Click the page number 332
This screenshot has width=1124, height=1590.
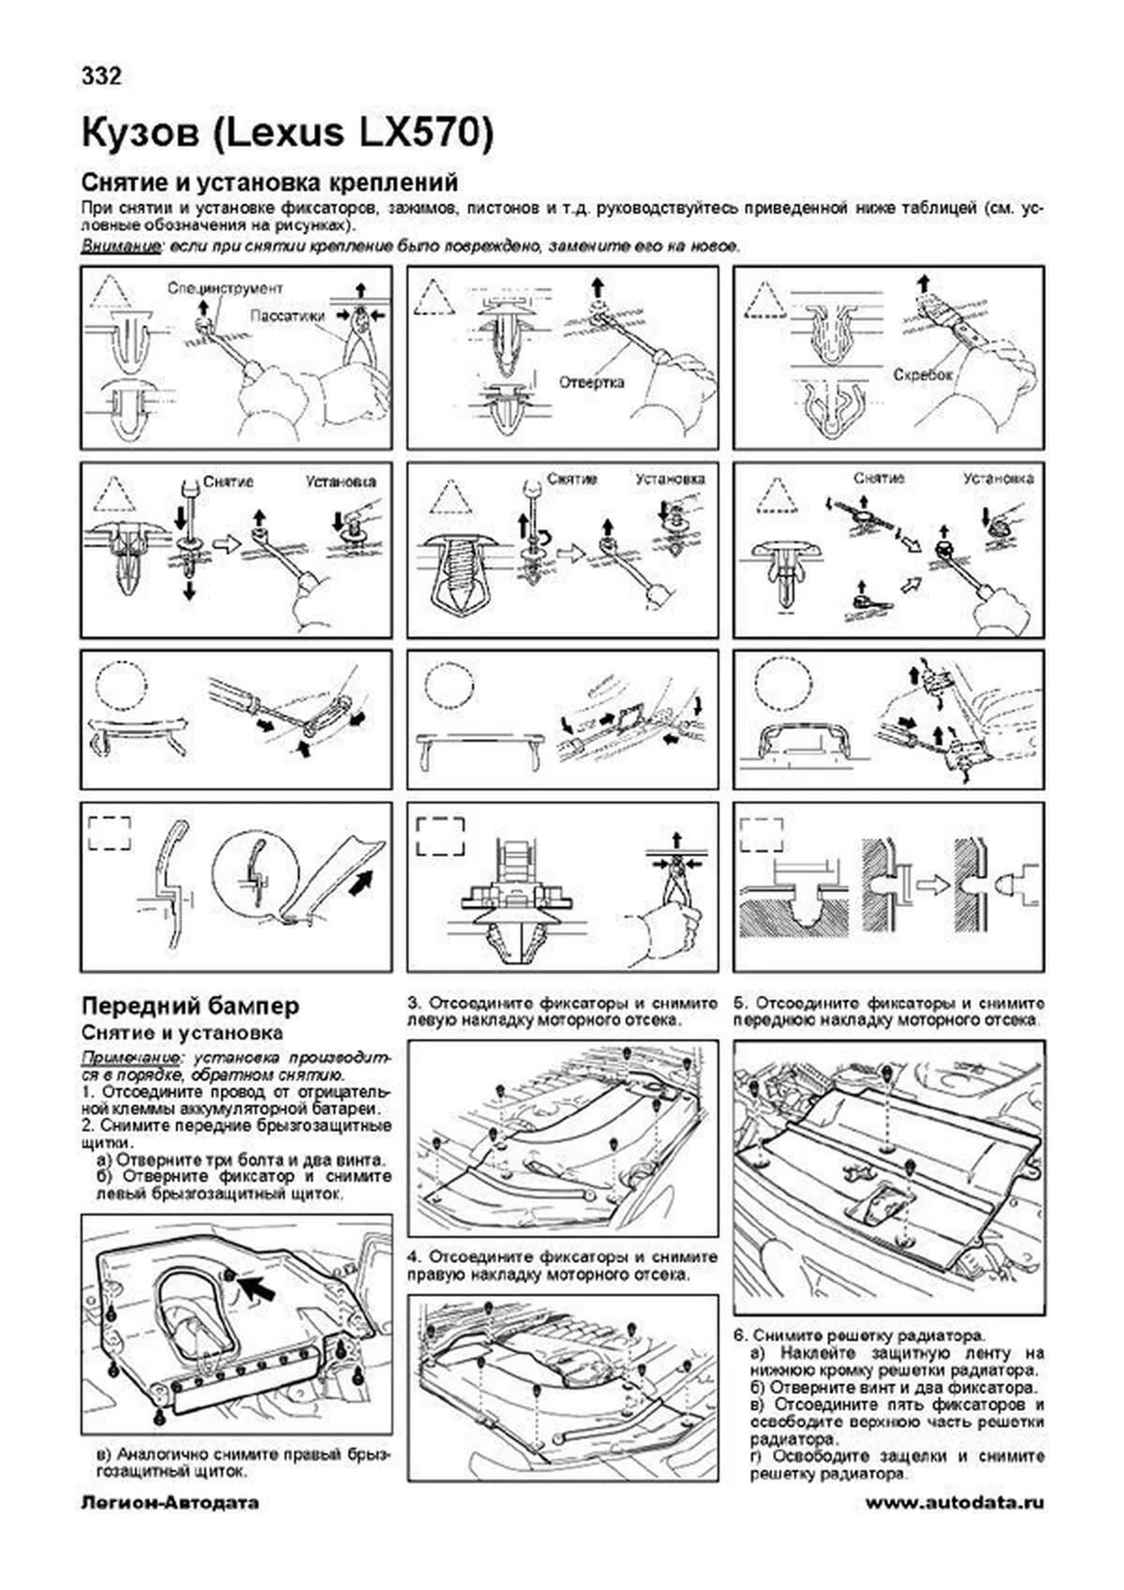[101, 77]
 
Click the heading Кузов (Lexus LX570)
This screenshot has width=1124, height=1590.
[288, 134]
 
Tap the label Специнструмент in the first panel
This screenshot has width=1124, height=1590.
[225, 288]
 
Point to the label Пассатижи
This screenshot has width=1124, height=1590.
[287, 317]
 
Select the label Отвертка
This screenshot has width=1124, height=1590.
[591, 382]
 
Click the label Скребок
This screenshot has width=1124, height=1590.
[923, 374]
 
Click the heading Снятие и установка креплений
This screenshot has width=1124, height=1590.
[270, 181]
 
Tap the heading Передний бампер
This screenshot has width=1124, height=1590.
[191, 1006]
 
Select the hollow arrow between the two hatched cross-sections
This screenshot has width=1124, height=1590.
[931, 884]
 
